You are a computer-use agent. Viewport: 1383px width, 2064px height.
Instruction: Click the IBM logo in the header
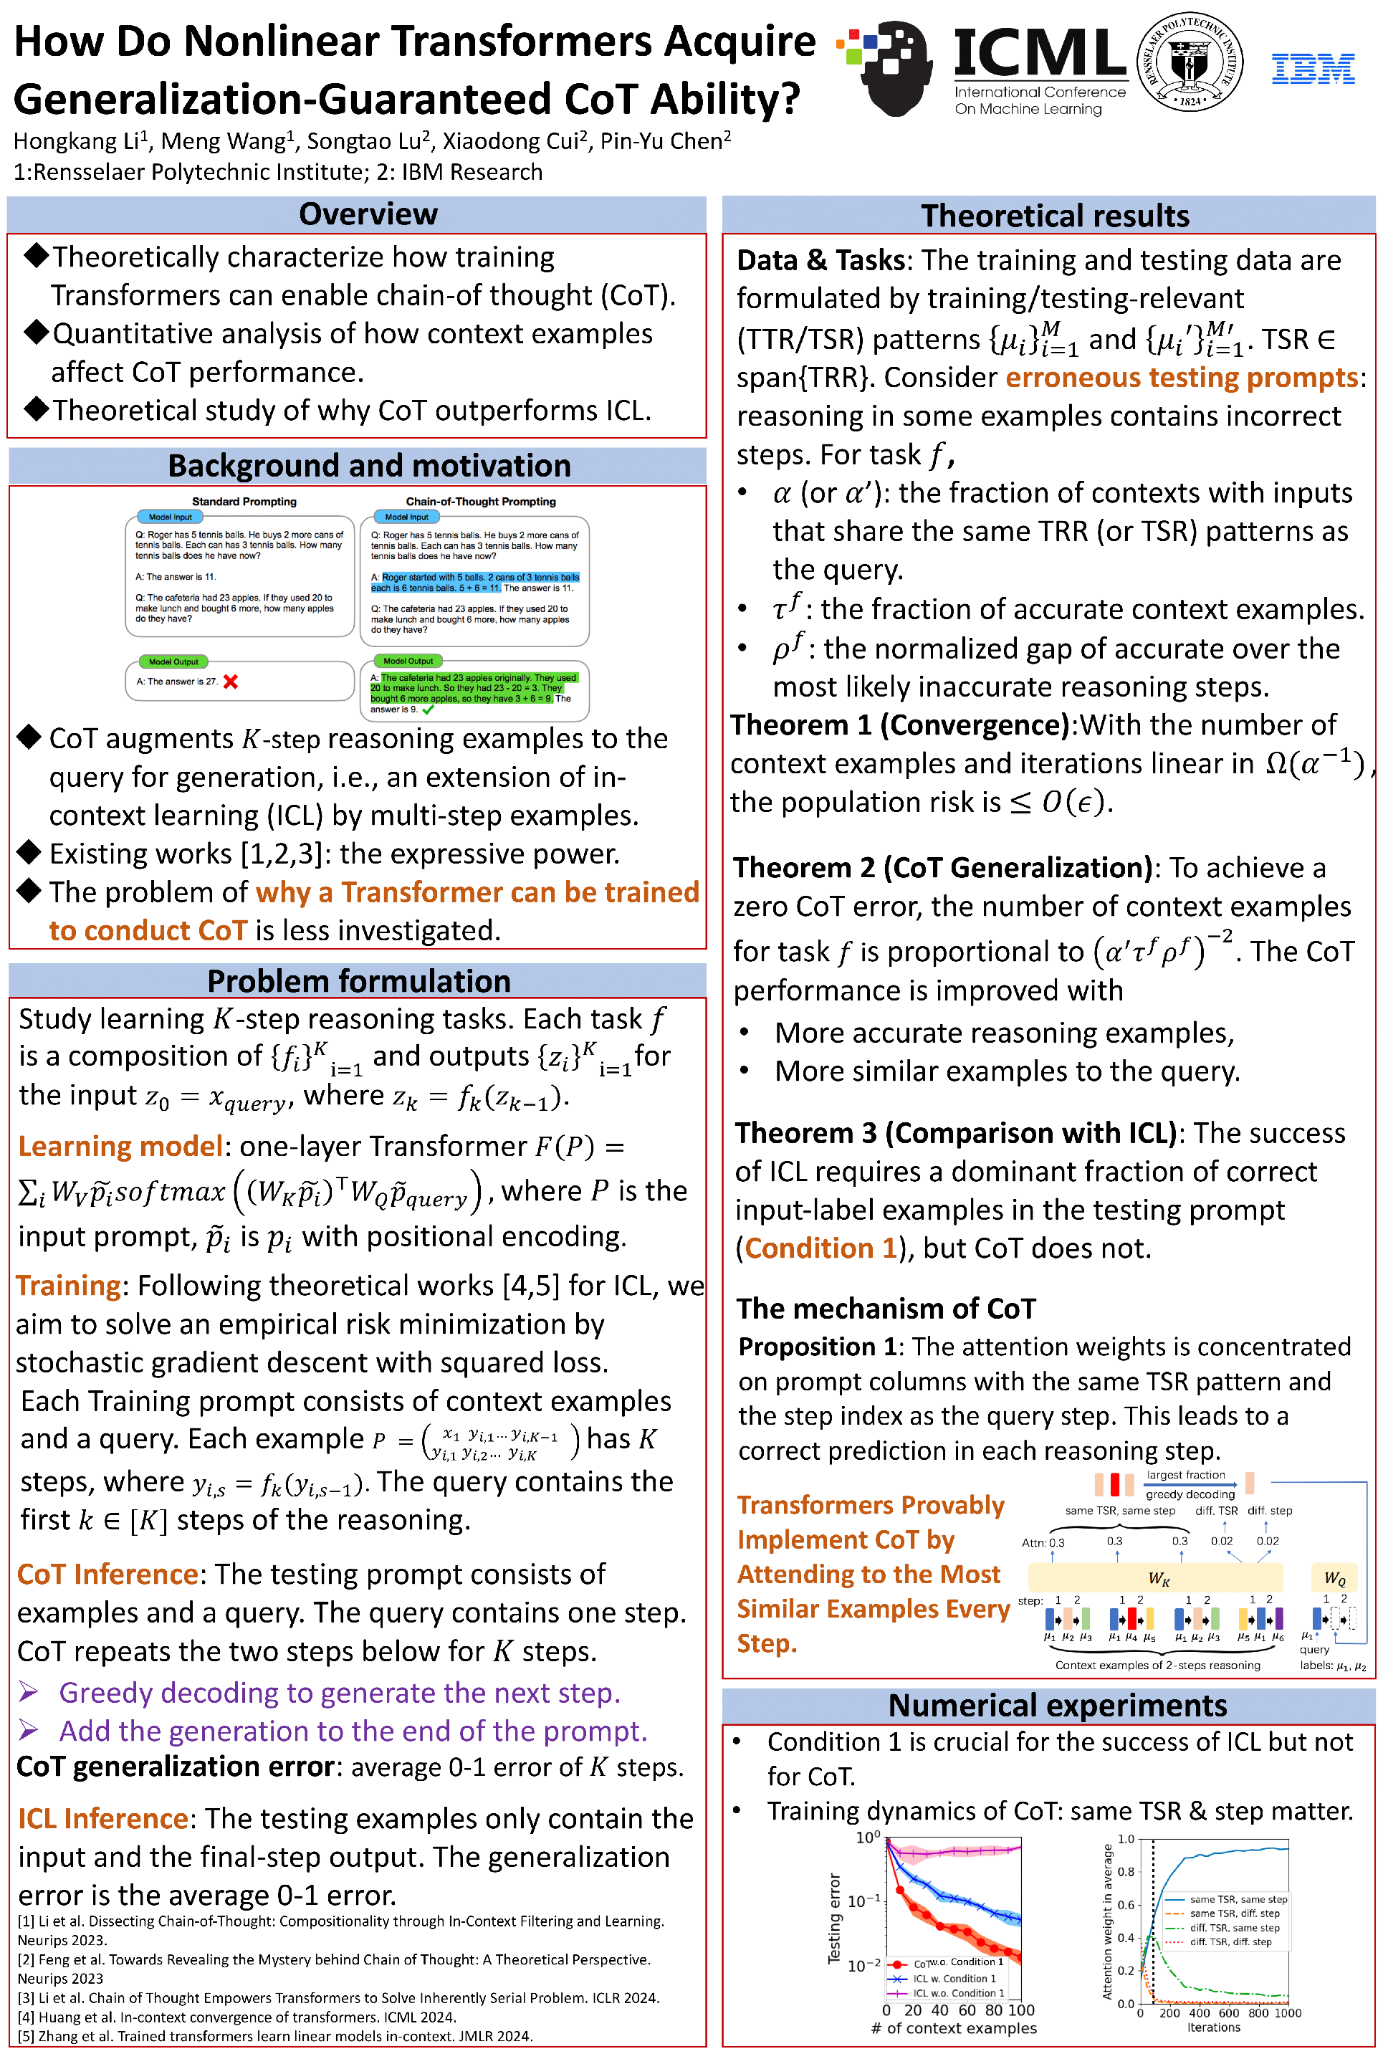pos(1313,68)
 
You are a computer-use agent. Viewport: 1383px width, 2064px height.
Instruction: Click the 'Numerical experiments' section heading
pos(1057,1705)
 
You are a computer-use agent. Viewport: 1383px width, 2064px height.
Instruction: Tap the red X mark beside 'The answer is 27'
pos(231,681)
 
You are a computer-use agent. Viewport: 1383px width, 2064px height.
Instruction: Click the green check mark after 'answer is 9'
pos(429,709)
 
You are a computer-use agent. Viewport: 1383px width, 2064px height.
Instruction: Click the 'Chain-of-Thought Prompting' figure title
pos(481,501)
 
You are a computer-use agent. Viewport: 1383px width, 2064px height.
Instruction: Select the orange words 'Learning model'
pos(120,1146)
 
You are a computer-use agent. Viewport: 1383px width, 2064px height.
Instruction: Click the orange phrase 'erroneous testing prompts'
pos(1181,378)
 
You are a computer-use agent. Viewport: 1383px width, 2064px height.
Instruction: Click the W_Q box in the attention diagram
pos(1334,1578)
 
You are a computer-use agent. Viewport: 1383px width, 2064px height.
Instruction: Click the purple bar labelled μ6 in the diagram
pos(1279,1618)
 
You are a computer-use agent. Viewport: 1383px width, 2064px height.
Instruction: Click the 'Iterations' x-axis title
pos(1214,2027)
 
